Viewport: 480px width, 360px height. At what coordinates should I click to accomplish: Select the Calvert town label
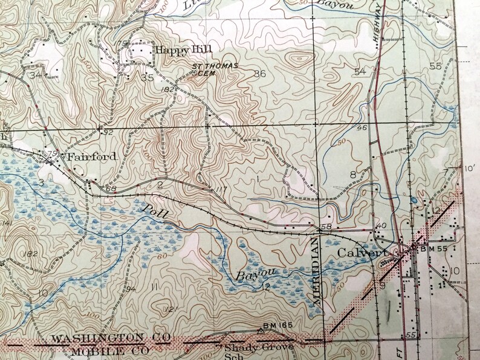click(360, 253)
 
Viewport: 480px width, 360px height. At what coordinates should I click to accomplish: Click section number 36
click(260, 74)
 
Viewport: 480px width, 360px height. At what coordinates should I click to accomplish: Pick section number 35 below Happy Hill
click(147, 77)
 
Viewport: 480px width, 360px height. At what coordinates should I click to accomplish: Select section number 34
click(37, 75)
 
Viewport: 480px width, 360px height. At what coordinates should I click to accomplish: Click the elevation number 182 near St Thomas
click(168, 89)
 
